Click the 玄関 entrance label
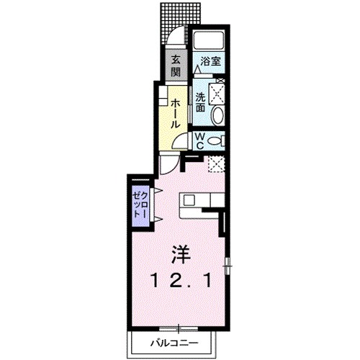click(x=176, y=67)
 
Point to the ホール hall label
click(x=175, y=114)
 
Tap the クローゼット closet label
click(x=140, y=204)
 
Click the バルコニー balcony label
click(x=174, y=342)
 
